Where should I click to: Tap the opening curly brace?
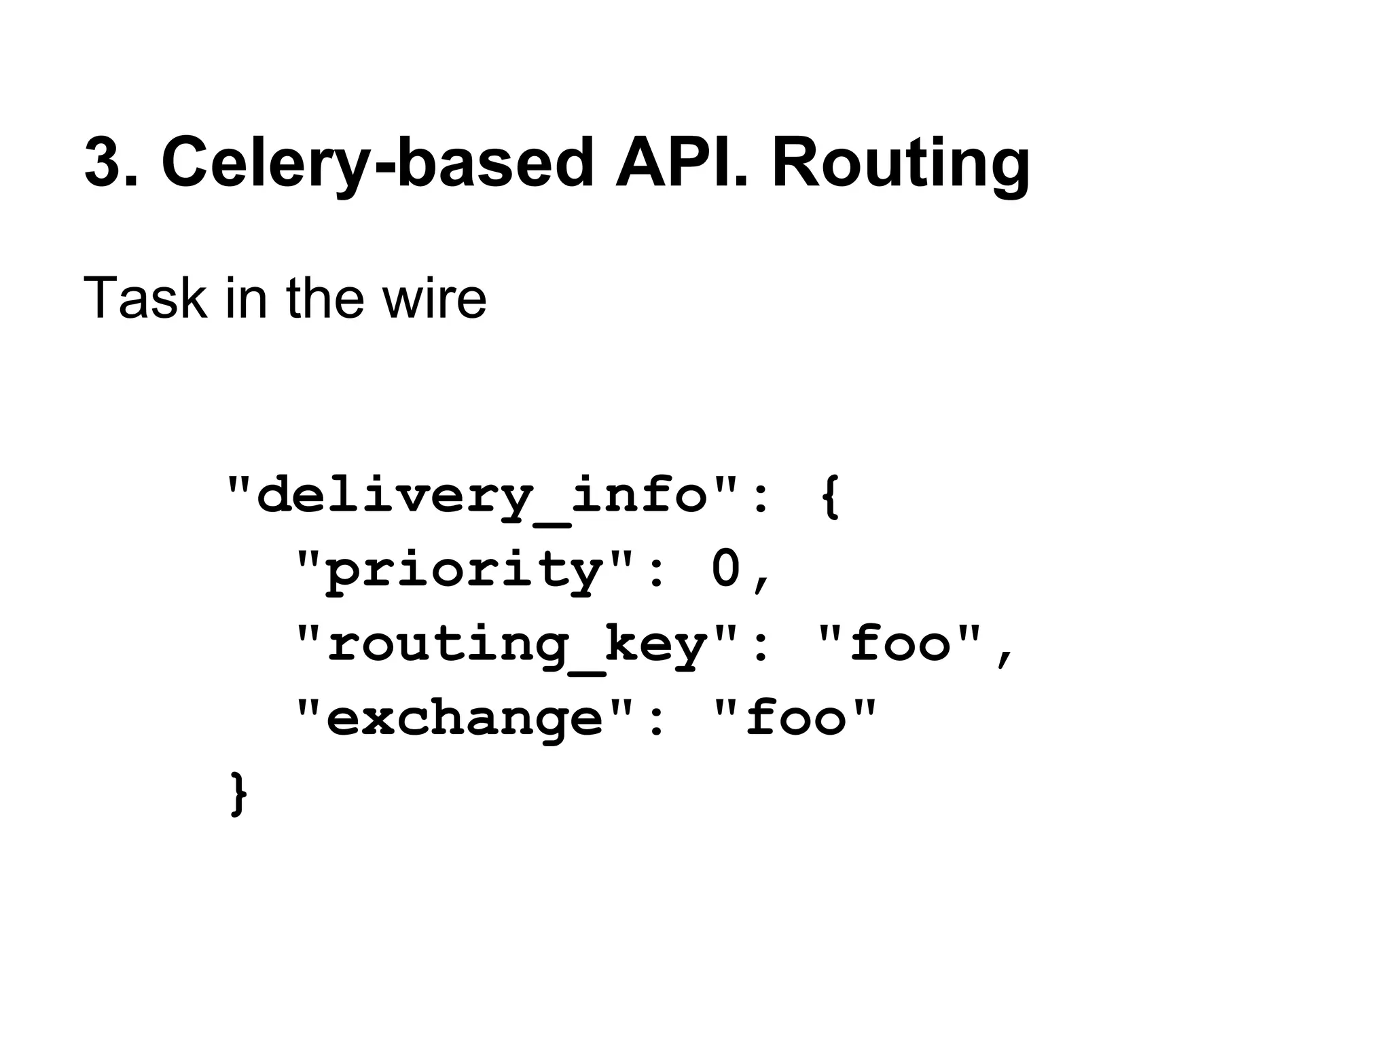tap(831, 496)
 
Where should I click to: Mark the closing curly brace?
tap(239, 792)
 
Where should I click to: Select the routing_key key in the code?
tap(517, 645)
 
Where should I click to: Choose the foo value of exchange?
tap(796, 718)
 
